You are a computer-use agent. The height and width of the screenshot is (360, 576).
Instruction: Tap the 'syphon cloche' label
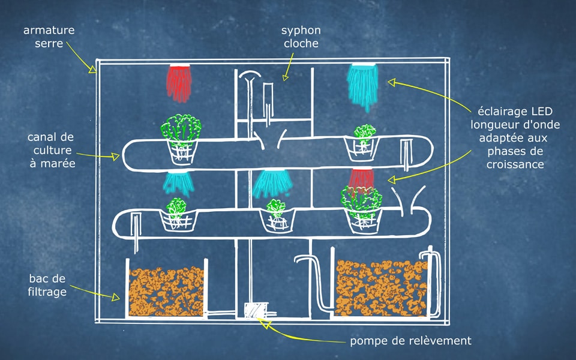tap(301, 36)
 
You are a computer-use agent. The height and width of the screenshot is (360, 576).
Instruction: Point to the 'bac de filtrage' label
tap(47, 285)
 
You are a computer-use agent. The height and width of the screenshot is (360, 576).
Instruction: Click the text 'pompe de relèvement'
tap(411, 341)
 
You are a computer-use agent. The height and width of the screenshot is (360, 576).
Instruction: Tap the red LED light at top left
tap(179, 82)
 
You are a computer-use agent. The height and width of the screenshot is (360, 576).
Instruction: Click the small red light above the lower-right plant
tap(361, 178)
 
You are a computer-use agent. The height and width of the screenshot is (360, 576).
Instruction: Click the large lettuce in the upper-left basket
tap(181, 129)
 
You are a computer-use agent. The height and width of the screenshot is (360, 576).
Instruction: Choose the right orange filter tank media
tap(380, 287)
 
